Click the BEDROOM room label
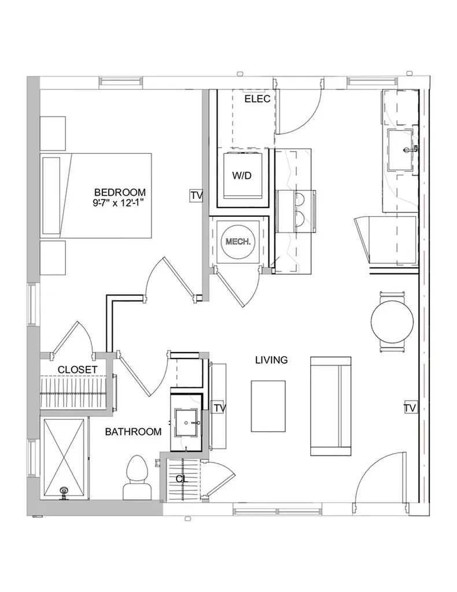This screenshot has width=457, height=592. tap(120, 193)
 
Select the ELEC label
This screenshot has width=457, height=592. tap(257, 99)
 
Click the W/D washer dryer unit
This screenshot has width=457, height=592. tap(242, 176)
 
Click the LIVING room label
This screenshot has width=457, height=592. tap(271, 360)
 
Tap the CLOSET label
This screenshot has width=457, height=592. tap(77, 369)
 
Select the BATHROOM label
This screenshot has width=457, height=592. tap(133, 431)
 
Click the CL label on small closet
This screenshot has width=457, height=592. tap(181, 479)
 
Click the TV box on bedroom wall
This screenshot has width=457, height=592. tap(196, 196)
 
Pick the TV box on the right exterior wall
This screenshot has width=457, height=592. tap(410, 408)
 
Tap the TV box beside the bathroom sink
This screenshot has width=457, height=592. tap(219, 408)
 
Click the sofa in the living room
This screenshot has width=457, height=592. tap(331, 406)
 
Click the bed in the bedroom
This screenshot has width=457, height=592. tap(95, 195)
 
